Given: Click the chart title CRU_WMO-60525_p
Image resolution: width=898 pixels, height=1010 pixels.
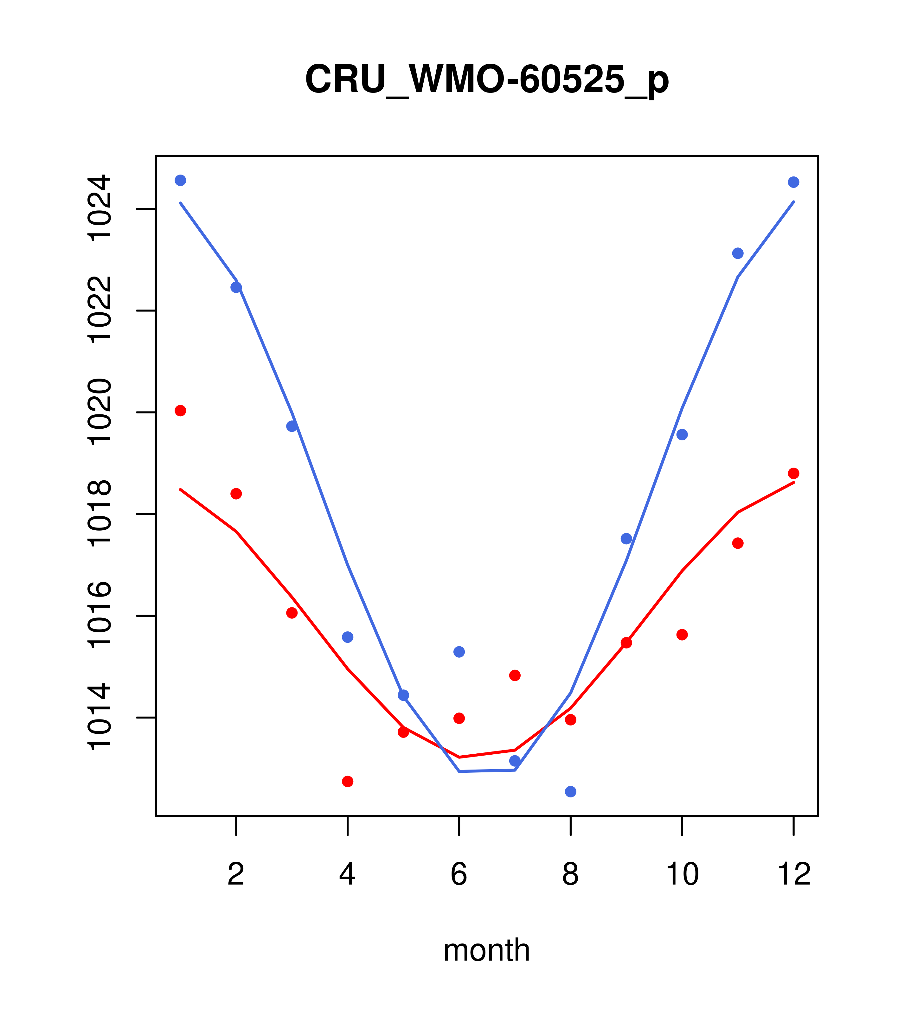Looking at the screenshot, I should point(487,79).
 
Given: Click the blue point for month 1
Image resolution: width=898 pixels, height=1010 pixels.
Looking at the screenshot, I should point(180,180).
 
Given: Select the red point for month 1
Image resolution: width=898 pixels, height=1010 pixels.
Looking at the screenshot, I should point(180,411).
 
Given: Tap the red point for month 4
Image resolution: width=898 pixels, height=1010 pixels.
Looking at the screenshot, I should point(347,781).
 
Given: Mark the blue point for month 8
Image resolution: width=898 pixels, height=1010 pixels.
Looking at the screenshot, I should point(570,792).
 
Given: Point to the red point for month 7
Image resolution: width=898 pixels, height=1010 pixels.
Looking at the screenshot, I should point(515,675).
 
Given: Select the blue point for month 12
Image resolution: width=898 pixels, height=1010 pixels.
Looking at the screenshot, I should point(793,182).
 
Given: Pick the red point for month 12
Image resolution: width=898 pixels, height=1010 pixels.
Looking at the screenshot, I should point(793,473).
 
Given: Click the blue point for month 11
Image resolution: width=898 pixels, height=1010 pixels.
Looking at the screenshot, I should point(737,253).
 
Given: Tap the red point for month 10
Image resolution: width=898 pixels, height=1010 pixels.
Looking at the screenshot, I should point(682,635).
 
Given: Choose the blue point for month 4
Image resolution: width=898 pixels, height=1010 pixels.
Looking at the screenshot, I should point(347,637).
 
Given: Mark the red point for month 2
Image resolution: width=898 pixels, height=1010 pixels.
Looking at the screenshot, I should point(236,494).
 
